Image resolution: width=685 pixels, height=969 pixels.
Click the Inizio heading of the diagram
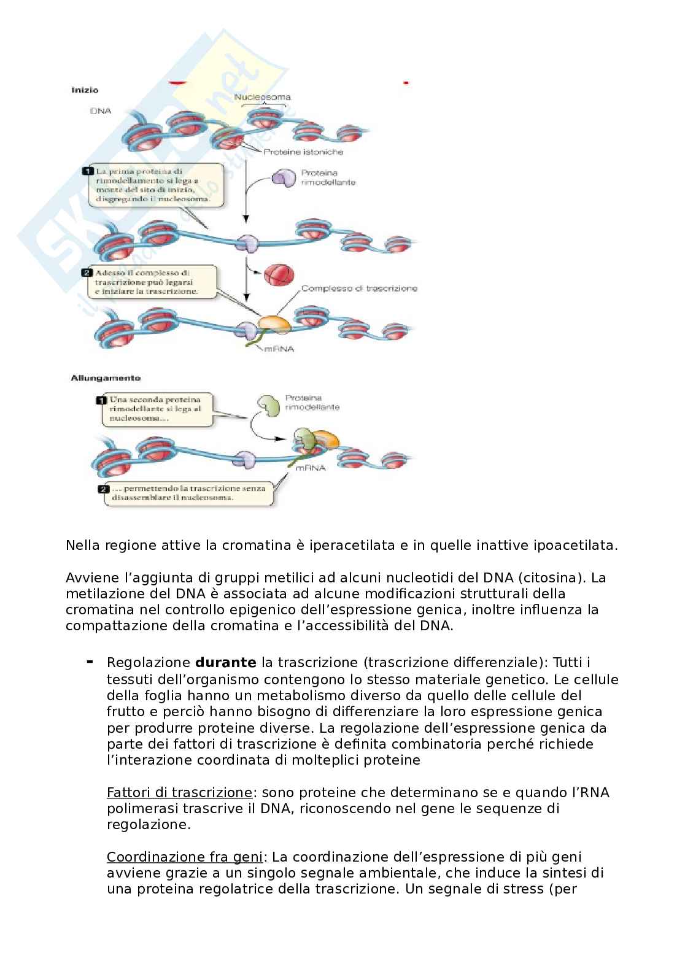click(x=85, y=90)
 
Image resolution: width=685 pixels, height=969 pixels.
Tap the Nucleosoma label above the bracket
click(x=262, y=97)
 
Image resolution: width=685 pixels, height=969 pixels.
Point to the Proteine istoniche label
click(x=303, y=152)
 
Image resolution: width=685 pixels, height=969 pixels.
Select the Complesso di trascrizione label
click(x=359, y=288)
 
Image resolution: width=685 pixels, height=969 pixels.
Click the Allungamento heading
click(x=106, y=378)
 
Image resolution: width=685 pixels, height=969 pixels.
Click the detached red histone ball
click(x=279, y=274)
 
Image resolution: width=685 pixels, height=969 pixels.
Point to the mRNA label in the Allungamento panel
click(x=310, y=468)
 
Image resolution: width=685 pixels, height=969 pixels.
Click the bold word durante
click(x=225, y=663)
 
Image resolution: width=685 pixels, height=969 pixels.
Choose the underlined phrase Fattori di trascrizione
click(x=179, y=792)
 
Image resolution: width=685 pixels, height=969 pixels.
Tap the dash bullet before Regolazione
click(x=90, y=662)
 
